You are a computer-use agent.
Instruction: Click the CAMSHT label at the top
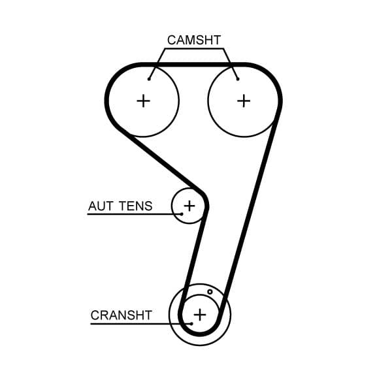pos(194,40)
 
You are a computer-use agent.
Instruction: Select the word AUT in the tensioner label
pos(101,206)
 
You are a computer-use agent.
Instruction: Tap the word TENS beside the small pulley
pos(135,206)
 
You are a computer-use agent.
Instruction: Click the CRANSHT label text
pos(122,315)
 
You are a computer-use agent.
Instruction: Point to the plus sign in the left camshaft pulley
pos(143,101)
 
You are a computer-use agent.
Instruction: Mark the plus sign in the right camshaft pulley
pos(244,101)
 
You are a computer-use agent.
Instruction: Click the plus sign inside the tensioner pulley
pos(189,206)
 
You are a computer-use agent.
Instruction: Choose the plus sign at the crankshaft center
pos(199,315)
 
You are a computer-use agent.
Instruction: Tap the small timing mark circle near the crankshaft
pos(210,292)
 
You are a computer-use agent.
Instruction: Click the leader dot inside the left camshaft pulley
pos(150,79)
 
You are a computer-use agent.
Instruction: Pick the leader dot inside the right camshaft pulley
pos(238,79)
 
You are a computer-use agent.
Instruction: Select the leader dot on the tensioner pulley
pos(182,214)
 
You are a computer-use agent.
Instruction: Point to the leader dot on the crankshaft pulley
pos(191,323)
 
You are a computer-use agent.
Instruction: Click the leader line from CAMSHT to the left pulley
pos(156,63)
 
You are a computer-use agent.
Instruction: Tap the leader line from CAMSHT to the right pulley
pos(231,63)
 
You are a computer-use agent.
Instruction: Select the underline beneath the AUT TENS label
pos(131,214)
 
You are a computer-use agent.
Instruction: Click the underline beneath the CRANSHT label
pos(137,323)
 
